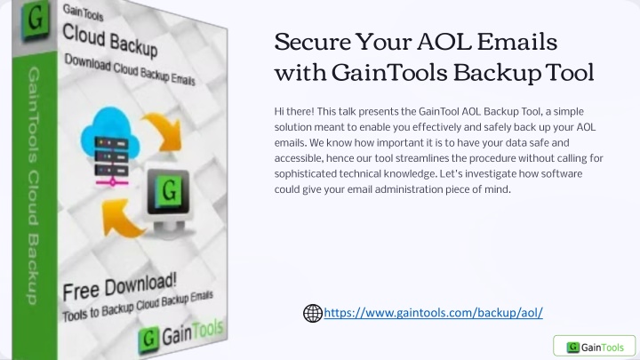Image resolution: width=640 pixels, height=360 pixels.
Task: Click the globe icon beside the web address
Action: [313, 313]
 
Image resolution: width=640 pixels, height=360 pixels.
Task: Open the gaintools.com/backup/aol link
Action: [433, 313]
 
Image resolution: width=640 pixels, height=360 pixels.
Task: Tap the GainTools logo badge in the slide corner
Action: [595, 347]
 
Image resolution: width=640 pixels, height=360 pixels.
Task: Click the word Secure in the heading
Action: [313, 42]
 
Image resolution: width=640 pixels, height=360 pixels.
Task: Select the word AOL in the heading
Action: [444, 42]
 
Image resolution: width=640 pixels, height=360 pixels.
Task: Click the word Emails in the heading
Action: [517, 42]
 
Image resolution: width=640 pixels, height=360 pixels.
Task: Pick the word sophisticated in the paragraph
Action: [305, 174]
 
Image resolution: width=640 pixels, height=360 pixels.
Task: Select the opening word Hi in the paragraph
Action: [279, 111]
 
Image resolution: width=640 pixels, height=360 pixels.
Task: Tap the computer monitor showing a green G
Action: [168, 201]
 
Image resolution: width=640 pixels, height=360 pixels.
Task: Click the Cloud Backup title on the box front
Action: [110, 41]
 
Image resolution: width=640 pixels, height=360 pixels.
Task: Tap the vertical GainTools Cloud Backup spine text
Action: [33, 186]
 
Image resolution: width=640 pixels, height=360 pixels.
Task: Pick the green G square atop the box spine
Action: [36, 19]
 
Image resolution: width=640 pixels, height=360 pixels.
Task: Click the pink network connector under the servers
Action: [112, 182]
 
